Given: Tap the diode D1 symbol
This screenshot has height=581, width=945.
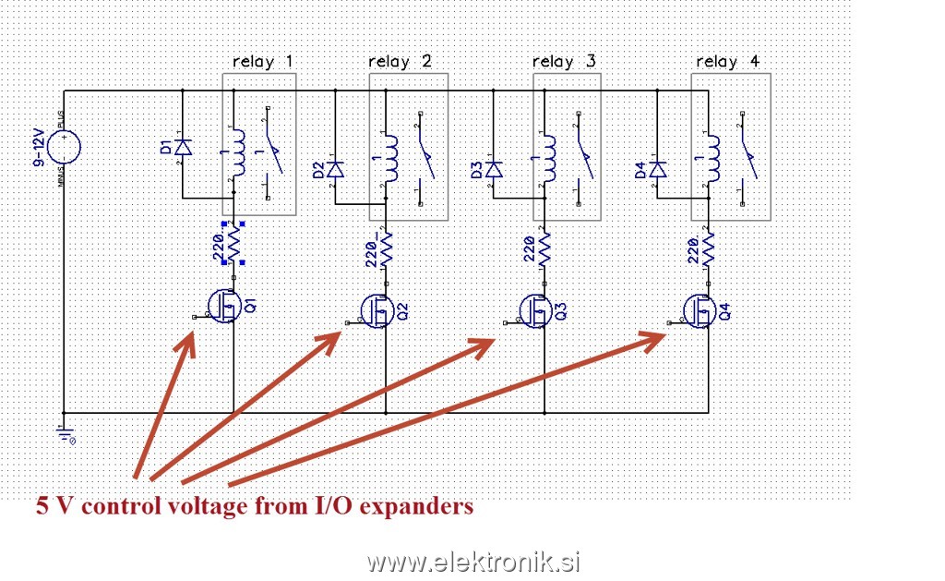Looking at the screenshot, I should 183,146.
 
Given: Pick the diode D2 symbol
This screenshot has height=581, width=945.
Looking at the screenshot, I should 336,169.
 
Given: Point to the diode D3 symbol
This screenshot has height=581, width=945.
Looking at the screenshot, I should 495,169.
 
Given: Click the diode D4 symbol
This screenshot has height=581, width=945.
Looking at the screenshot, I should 657,169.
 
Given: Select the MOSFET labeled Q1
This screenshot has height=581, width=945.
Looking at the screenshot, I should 223,306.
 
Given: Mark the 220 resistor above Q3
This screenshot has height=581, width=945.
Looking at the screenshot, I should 544,248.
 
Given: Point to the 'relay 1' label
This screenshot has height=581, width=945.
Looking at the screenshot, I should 263,62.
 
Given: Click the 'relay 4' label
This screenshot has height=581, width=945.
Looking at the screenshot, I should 728,62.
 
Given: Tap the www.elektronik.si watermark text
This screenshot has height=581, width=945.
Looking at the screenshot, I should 473,561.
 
